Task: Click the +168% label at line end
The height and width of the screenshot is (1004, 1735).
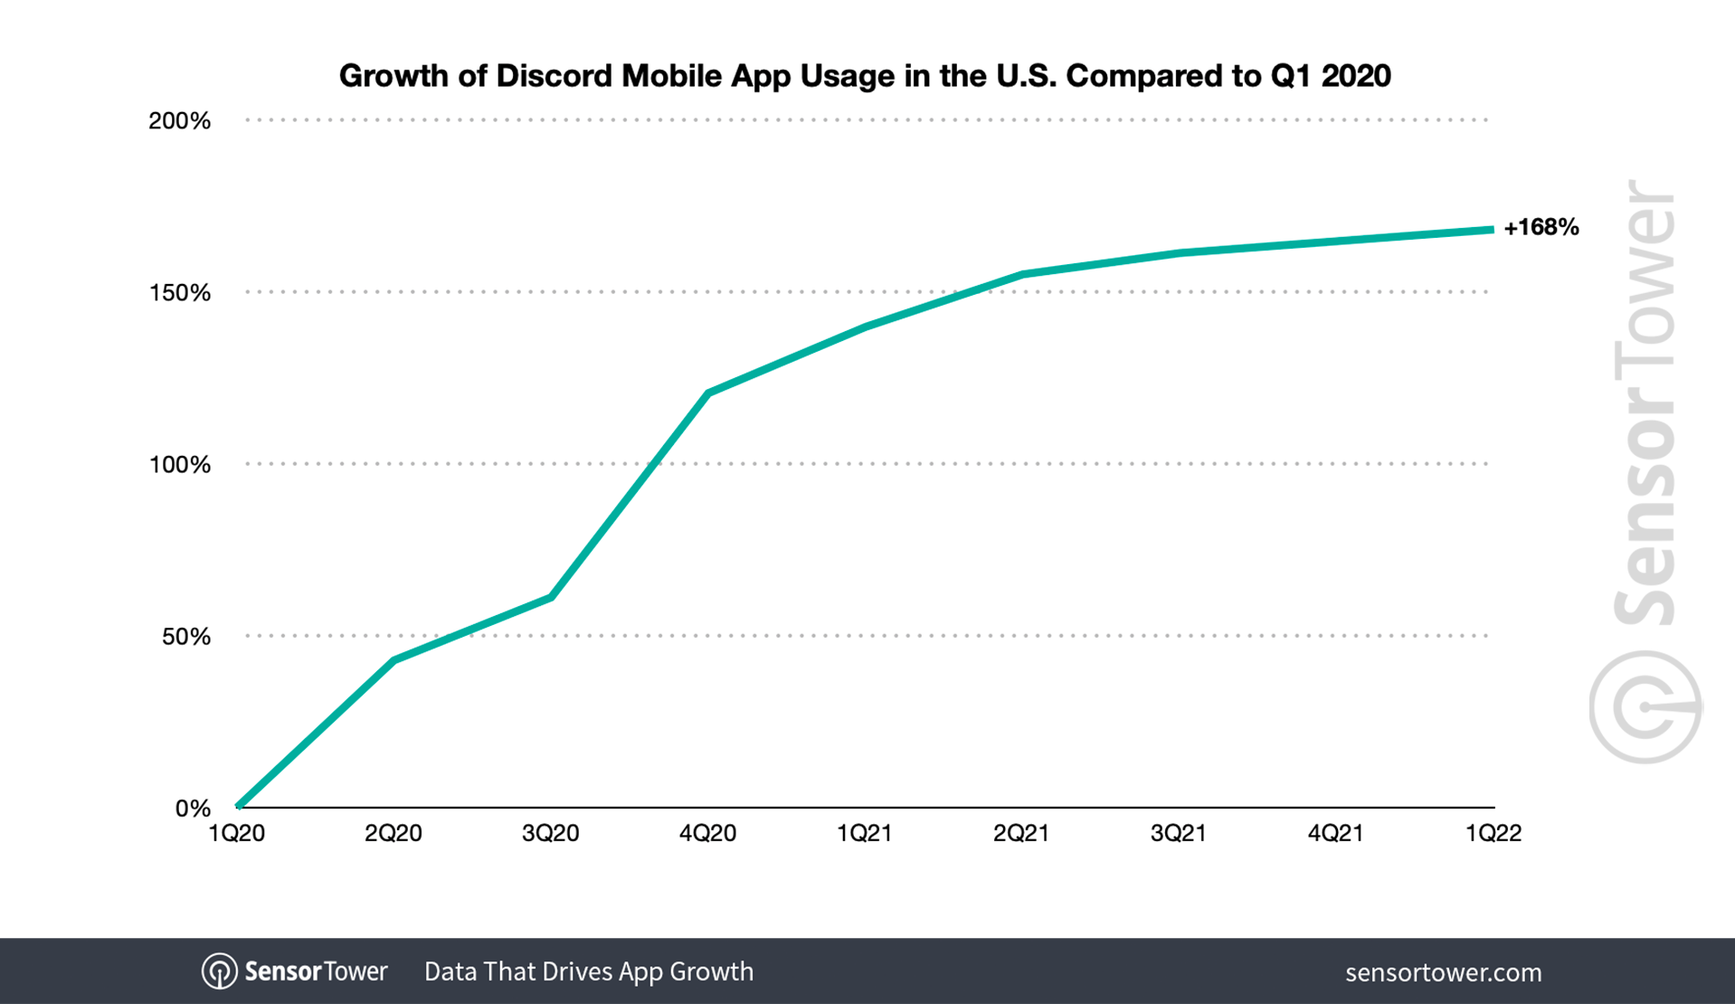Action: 1541,227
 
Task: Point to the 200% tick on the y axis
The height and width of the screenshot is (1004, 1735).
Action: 179,121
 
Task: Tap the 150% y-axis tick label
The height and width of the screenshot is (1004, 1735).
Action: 179,293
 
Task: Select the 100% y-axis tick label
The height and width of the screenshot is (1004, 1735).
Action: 179,465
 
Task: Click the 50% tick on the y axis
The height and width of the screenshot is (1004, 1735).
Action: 185,637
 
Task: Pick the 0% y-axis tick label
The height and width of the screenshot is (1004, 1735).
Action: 192,809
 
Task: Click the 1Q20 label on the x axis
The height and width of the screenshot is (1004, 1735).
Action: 236,833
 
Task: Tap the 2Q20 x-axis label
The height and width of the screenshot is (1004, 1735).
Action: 393,833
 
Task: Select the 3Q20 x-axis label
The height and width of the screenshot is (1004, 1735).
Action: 550,833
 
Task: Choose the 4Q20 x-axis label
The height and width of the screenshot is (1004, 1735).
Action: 707,833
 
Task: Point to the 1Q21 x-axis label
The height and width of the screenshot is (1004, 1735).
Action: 864,833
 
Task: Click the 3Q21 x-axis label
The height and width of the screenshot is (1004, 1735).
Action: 1178,833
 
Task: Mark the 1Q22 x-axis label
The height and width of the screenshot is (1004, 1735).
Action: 1493,833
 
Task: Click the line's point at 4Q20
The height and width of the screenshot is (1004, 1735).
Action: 707,393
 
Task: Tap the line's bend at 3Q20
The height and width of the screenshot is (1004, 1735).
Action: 551,597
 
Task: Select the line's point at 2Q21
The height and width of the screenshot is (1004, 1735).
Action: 1021,274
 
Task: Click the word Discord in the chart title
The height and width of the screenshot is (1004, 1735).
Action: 554,76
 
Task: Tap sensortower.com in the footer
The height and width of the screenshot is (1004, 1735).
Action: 1443,972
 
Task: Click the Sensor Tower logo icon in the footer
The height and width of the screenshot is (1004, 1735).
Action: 219,971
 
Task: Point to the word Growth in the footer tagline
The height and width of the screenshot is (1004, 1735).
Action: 711,971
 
